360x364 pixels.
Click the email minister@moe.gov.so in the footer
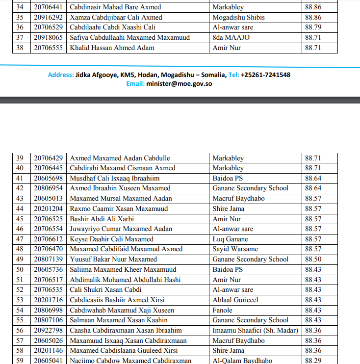tap(179, 84)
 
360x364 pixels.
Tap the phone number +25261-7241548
tap(265, 75)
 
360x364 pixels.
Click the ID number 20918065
tap(48, 38)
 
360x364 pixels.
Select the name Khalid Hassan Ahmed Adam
tap(112, 48)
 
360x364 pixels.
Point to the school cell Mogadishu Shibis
tap(238, 17)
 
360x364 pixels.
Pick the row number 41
tap(20, 178)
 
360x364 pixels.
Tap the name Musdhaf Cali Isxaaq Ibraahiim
tap(115, 178)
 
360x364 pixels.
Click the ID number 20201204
tap(48, 208)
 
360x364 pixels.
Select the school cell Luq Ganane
tap(230, 239)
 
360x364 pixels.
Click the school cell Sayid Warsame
tap(235, 249)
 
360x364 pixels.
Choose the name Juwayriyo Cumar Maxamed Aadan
tap(121, 229)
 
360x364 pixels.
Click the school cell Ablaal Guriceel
tap(235, 300)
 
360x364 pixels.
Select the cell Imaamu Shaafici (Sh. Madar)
tap(255, 330)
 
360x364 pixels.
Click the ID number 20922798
tap(48, 330)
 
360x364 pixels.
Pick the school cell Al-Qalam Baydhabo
tap(242, 361)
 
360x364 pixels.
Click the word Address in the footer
tap(60, 75)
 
